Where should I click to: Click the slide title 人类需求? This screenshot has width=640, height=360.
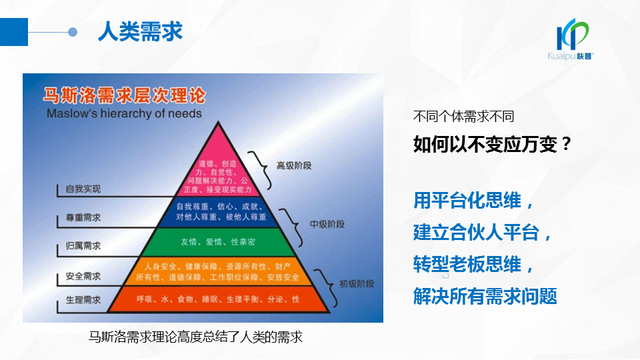(139, 31)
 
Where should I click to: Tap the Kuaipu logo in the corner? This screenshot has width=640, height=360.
(574, 40)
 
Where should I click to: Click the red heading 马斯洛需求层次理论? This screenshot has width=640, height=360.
(125, 93)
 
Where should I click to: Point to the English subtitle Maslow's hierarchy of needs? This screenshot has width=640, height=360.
(124, 113)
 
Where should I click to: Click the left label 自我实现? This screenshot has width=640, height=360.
(83, 189)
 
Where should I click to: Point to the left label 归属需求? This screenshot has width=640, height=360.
(83, 246)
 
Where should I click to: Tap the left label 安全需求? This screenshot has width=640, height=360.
(83, 275)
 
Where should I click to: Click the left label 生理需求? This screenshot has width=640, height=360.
(83, 300)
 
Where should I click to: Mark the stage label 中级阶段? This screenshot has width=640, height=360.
(327, 224)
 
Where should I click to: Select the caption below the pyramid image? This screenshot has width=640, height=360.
(196, 337)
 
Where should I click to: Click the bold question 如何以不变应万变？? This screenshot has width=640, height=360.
(493, 144)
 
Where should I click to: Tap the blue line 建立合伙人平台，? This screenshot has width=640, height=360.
(483, 233)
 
